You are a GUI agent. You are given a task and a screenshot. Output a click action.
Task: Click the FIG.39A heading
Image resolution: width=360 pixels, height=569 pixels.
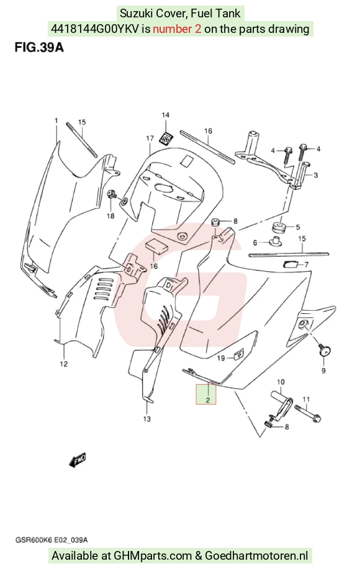tap(39, 47)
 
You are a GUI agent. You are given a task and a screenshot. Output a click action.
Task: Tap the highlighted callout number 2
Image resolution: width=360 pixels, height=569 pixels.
tap(208, 400)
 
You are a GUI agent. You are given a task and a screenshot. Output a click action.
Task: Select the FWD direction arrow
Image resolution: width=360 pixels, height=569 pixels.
tap(78, 460)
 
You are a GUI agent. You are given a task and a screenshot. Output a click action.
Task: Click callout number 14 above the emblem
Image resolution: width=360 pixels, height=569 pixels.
tap(166, 115)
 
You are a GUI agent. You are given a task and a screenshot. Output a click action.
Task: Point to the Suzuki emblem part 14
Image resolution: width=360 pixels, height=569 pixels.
tap(166, 138)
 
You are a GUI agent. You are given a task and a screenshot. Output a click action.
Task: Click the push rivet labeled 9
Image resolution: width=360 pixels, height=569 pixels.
tap(325, 351)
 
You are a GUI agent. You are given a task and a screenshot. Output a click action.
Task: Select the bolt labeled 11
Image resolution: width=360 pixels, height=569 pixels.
tap(307, 414)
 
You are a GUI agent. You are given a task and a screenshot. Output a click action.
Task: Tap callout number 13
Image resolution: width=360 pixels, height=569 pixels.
tap(146, 419)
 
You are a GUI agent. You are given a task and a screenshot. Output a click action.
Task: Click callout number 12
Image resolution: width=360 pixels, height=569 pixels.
tap(64, 364)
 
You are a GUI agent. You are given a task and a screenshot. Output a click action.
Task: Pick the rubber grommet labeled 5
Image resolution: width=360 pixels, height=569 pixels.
tap(280, 228)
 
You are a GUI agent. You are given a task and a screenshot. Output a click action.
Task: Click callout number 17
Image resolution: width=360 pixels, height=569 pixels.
tap(150, 138)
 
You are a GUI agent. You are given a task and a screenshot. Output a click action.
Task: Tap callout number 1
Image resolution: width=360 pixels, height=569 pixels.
tap(56, 120)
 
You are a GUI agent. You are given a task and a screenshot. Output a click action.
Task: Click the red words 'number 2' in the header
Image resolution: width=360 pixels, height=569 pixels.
tap(177, 29)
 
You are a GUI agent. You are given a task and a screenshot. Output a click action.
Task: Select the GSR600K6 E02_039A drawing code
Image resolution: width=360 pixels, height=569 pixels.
tap(51, 540)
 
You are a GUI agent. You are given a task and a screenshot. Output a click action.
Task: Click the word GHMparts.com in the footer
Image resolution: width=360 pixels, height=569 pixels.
tap(153, 555)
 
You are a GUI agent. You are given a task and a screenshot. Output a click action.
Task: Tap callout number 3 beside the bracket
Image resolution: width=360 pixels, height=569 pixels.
tap(315, 175)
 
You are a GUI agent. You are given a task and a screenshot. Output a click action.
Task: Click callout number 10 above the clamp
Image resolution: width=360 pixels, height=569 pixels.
tap(281, 382)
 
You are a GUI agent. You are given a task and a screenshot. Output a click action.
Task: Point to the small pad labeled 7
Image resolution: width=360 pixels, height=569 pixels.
tap(290, 264)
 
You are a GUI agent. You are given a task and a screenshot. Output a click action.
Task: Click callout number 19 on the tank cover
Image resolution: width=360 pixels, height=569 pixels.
tap(221, 358)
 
